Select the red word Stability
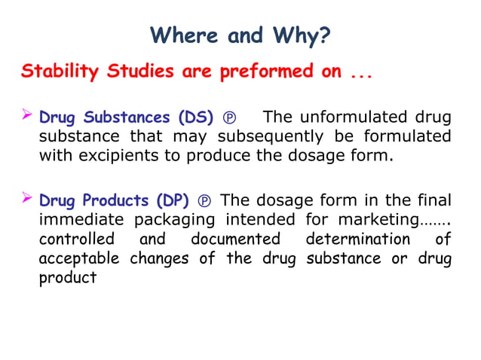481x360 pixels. [x=60, y=72]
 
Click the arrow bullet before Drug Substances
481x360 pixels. [x=27, y=116]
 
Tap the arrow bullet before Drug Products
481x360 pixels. [x=27, y=200]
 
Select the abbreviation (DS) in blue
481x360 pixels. [x=195, y=117]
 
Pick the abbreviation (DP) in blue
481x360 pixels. [x=173, y=201]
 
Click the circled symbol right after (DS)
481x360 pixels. [x=230, y=118]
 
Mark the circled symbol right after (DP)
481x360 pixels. [x=204, y=202]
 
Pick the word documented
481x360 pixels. [x=235, y=239]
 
